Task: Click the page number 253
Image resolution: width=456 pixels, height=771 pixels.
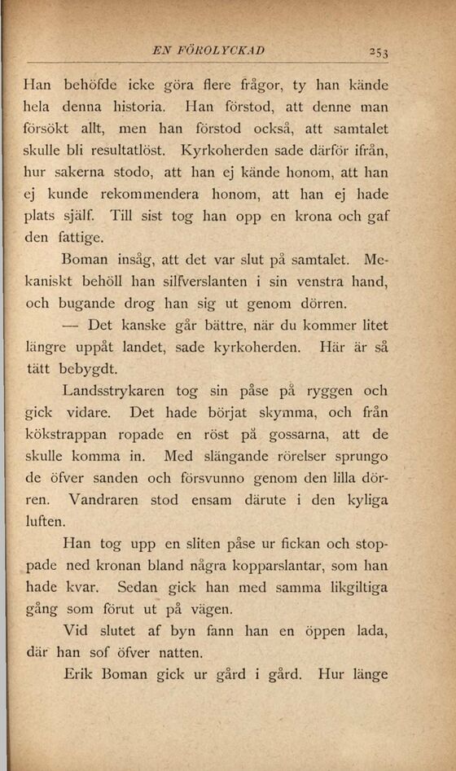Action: click(x=376, y=53)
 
